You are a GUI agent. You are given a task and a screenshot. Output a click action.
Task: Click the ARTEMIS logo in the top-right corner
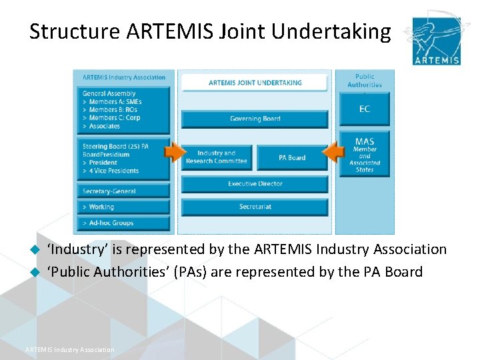436,41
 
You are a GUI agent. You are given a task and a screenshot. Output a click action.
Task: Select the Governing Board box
255,119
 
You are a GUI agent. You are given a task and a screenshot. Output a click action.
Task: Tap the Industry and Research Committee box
216,157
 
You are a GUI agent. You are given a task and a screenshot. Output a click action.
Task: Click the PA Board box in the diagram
292,157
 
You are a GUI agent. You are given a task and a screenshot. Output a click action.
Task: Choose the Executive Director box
255,183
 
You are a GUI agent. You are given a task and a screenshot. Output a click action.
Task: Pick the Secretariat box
255,207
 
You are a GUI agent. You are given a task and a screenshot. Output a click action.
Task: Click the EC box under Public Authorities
365,109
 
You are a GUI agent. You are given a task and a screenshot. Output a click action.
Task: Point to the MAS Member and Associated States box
365,154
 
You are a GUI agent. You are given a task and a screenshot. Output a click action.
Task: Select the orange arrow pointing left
333,155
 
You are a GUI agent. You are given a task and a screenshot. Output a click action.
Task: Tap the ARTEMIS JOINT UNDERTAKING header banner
255,83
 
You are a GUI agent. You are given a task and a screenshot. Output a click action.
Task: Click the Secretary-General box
123,191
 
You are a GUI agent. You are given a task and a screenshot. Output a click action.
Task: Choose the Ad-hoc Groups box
123,223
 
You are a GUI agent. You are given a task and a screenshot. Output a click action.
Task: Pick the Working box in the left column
123,207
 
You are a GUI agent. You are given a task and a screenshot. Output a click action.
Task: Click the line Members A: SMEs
115,102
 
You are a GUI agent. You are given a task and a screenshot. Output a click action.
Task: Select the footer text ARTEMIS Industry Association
69,349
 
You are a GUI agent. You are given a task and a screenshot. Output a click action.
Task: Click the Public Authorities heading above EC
365,81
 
